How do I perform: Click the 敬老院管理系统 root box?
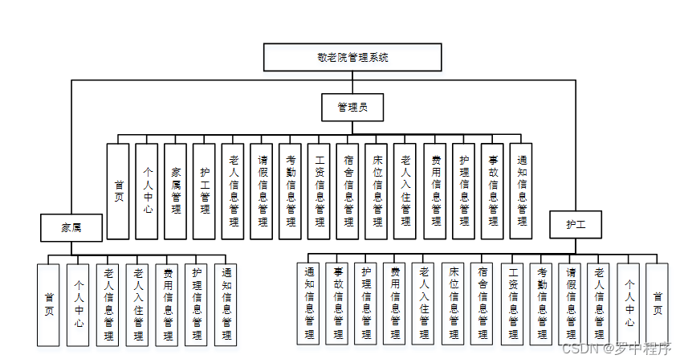351,58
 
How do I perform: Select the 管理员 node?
351,106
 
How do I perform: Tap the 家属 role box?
71,227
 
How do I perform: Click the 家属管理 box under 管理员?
175,191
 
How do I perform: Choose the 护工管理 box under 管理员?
204,191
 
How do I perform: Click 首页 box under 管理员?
118,191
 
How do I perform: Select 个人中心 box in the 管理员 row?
147,191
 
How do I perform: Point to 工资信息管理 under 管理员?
320,191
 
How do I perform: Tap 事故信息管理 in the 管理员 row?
493,191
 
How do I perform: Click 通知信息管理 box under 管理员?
522,191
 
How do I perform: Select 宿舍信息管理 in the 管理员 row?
348,191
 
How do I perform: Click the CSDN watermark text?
616,349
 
